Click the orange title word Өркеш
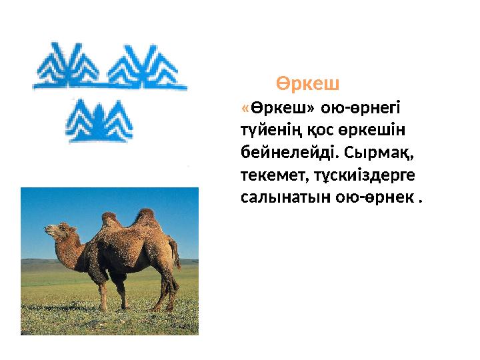308,85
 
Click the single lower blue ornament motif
100,121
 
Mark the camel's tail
176,253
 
